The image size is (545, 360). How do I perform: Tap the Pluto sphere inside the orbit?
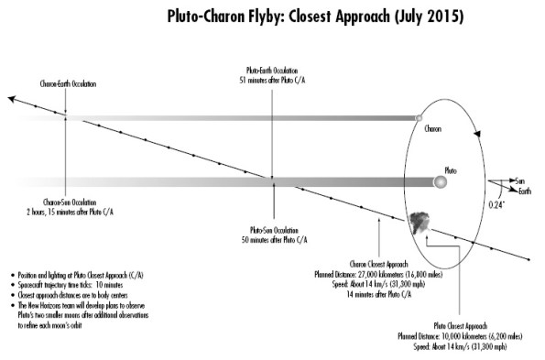440,182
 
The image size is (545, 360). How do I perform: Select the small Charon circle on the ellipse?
419,117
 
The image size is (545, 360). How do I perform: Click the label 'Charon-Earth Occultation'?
65,84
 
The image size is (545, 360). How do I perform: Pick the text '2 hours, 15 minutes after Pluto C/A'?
65,211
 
